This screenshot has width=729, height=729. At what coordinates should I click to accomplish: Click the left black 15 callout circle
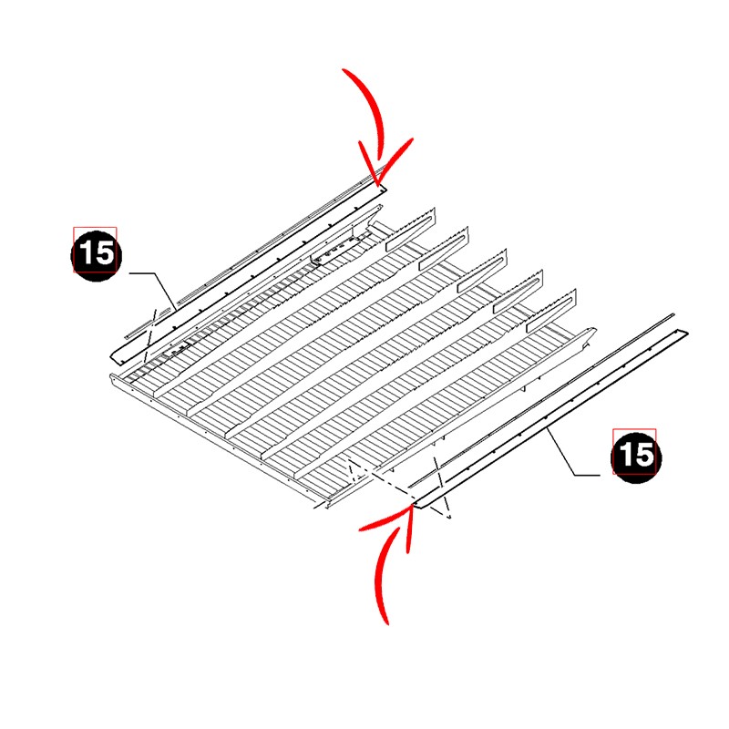point(97,255)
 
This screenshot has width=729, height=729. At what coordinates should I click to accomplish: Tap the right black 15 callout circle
point(636,457)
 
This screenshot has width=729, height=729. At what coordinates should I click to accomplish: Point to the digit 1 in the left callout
point(86,253)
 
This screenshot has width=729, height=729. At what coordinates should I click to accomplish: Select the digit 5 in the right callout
point(644,455)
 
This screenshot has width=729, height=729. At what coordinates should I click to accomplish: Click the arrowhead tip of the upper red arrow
point(377,185)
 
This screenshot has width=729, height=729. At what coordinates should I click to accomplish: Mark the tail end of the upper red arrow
point(344,70)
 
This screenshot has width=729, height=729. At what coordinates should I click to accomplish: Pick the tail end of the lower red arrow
point(386,624)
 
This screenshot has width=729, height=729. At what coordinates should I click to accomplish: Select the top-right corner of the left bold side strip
point(386,187)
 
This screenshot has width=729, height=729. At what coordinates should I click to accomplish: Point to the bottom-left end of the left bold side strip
point(111,357)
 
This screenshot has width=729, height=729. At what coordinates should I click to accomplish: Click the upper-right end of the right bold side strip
point(688,332)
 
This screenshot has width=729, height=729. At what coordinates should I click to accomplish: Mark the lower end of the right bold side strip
point(415,506)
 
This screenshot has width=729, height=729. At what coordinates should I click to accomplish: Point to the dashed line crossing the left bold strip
point(150,334)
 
